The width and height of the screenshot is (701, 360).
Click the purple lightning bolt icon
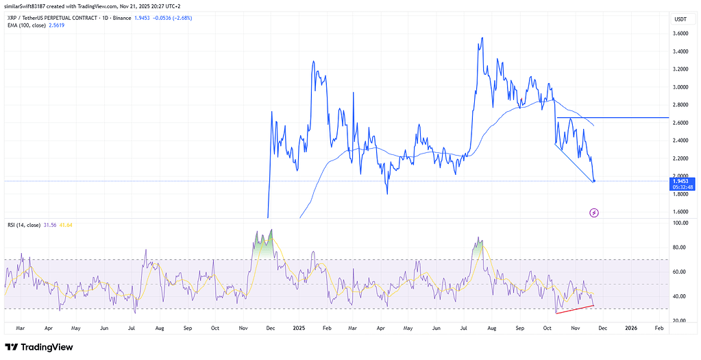pos(594,213)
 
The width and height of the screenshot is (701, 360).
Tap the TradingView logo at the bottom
pos(39,347)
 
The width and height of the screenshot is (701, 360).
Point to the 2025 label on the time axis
pos(298,328)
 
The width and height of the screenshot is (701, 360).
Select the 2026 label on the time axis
pos(631,328)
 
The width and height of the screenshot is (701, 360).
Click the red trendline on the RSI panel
pos(575,309)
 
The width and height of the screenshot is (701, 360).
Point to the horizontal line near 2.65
pos(617,118)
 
